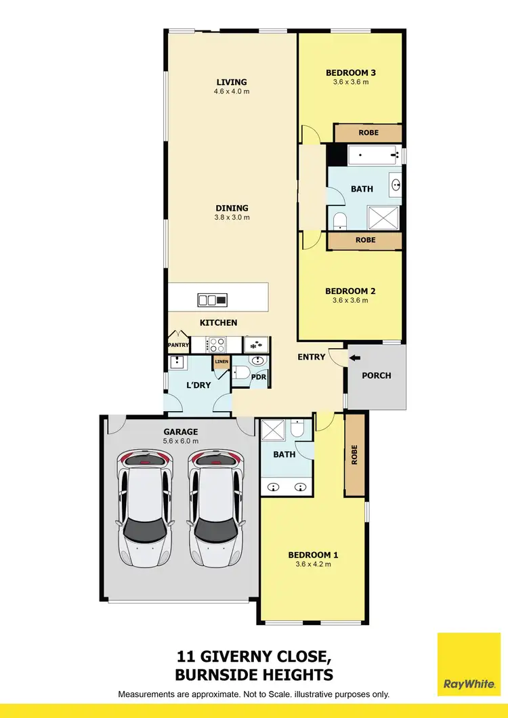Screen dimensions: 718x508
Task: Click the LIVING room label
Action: point(232,82)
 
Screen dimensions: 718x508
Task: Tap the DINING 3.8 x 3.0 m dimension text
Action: point(232,217)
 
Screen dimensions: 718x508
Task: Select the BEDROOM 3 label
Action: point(350,72)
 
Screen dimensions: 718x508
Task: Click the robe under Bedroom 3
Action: point(368,133)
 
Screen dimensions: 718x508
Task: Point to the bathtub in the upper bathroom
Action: point(371,156)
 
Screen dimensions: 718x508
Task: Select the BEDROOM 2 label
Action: point(350,291)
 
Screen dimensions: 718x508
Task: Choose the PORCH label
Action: point(377,375)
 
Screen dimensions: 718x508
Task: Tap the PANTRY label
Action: point(179,345)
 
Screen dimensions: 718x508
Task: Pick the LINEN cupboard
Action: point(221,362)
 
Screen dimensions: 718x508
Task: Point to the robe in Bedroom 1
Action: point(354,455)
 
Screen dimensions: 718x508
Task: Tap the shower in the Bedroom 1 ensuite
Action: point(274,429)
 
